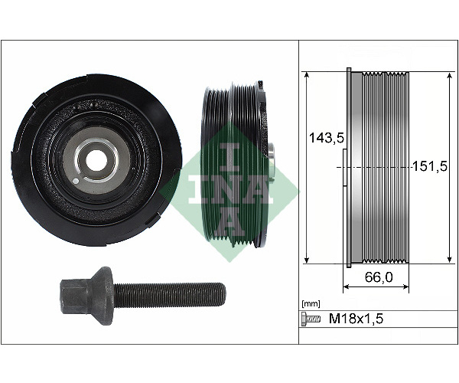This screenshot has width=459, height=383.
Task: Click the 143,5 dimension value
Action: click(327, 137)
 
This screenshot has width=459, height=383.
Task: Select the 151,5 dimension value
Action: click(430, 166)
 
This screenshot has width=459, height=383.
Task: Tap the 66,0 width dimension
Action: click(379, 277)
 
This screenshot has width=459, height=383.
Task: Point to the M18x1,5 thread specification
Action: click(356, 318)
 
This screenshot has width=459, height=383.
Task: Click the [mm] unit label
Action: click(311, 304)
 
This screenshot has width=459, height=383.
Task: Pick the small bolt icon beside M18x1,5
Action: click(311, 318)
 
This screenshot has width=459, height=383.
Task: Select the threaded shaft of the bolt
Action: click(170, 295)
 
